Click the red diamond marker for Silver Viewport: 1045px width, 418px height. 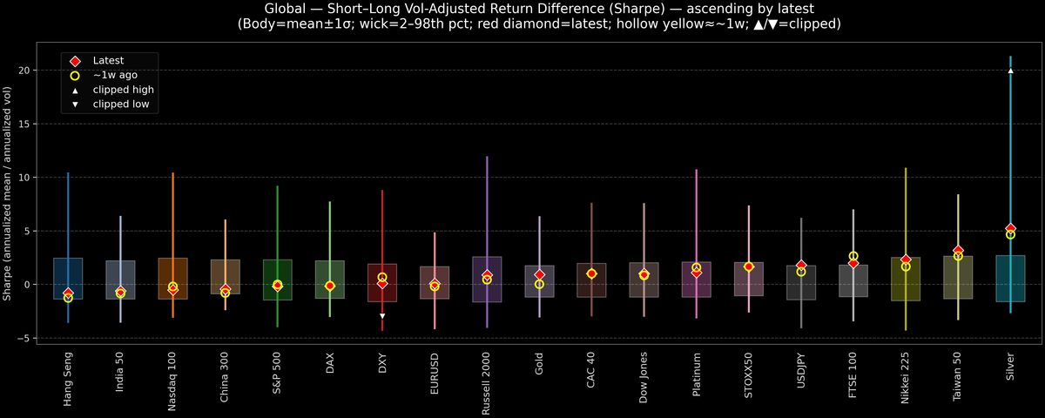tap(1010, 228)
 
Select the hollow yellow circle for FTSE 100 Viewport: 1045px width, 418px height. tap(853, 256)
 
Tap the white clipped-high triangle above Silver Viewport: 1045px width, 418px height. tap(1010, 71)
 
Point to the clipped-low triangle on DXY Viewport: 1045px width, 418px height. tap(382, 316)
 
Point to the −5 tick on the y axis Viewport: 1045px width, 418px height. tap(30, 338)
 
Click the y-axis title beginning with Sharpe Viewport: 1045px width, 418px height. tap(8, 193)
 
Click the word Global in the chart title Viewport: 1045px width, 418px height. tap(284, 9)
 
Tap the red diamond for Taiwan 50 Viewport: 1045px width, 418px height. tap(958, 251)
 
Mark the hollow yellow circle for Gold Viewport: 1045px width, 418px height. tap(539, 284)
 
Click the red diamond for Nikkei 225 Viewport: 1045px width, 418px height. tap(906, 260)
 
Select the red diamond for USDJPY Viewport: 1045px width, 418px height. tap(801, 265)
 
